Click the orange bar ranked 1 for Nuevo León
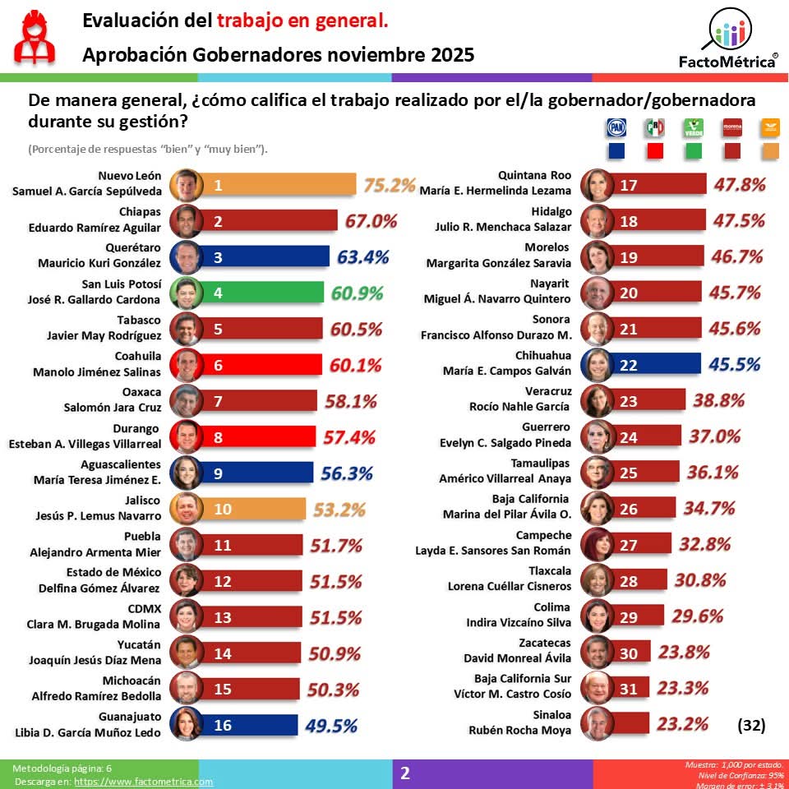[279, 186]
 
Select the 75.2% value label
[390, 186]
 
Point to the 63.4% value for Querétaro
[362, 257]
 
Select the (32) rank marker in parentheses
[750, 725]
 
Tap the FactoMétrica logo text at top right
[728, 61]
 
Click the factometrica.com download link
[143, 782]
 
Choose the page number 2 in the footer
[404, 773]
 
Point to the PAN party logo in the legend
[616, 127]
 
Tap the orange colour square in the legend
[770, 151]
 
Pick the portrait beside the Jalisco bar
[186, 510]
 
